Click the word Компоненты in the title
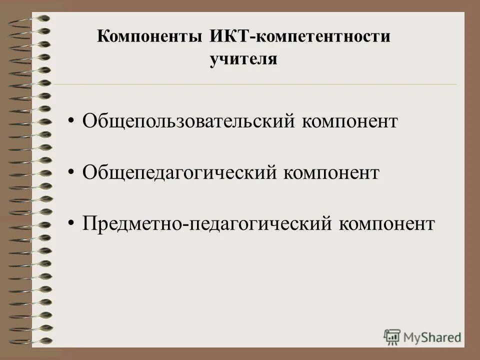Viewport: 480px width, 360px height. click(149, 38)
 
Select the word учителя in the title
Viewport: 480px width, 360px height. click(243, 59)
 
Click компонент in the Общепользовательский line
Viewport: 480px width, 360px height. click(349, 122)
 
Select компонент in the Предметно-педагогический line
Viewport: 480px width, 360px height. click(386, 223)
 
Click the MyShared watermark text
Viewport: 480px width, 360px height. click(432, 337)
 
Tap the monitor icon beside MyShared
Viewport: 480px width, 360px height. click(392, 336)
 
